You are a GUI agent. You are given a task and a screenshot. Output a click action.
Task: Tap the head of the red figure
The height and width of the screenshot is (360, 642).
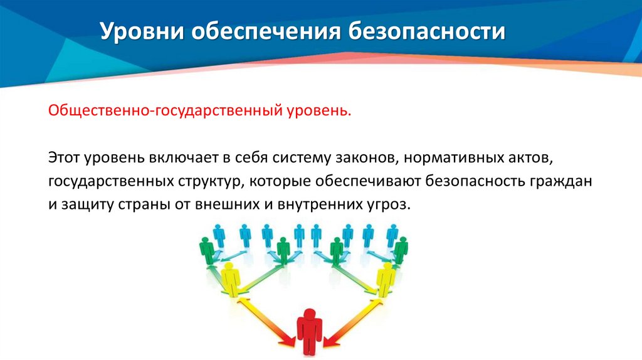point(308,314)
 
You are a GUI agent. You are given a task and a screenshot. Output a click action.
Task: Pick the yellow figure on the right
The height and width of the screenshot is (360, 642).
point(385,279)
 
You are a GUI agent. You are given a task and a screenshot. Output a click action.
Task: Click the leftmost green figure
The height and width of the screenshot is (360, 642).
point(207,251)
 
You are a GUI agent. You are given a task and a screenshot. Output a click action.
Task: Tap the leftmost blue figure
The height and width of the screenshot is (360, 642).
point(219,236)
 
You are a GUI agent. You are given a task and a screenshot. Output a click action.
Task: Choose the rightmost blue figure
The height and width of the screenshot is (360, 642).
point(392,236)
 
